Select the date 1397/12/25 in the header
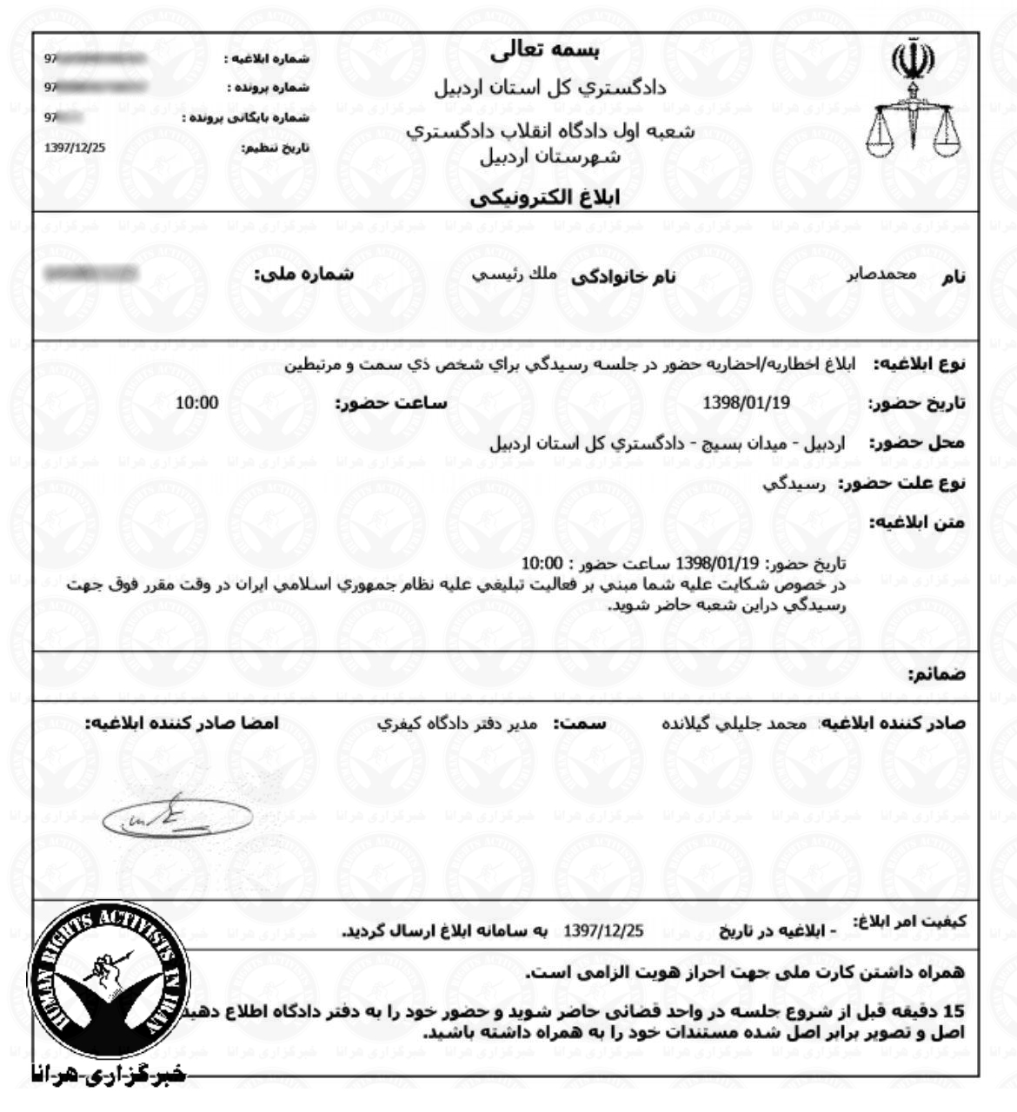point(75,146)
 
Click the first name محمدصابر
point(882,275)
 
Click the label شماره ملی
point(303,275)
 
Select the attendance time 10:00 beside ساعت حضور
point(197,402)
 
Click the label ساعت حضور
point(390,403)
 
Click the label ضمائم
point(936,674)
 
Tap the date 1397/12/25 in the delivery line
point(604,930)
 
